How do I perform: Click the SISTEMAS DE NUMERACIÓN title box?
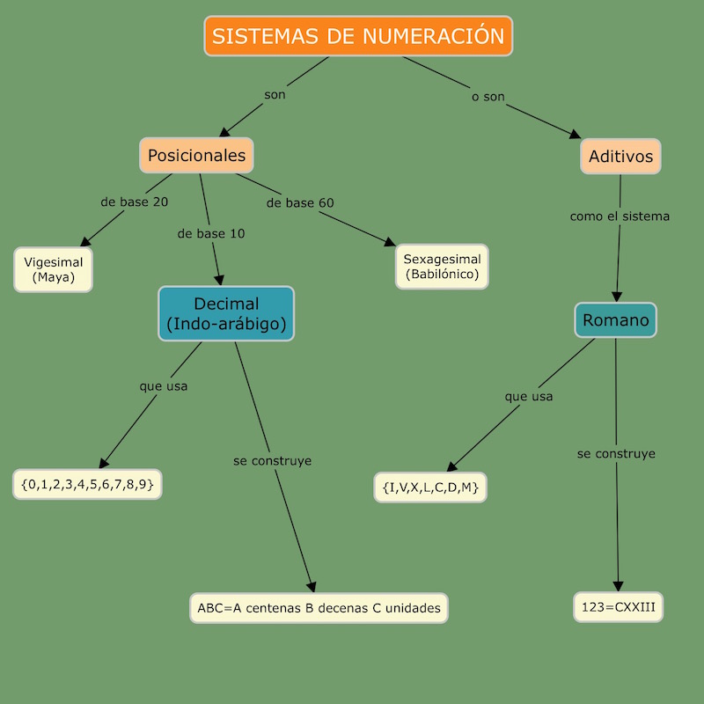click(x=358, y=36)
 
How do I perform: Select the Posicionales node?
click(x=196, y=156)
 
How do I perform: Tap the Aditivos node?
click(x=620, y=157)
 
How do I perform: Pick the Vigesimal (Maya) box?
click(x=54, y=269)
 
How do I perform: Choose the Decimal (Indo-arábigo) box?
click(x=226, y=313)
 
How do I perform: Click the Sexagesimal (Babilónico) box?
click(x=442, y=267)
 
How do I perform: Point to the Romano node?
click(x=615, y=320)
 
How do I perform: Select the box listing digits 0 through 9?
click(x=88, y=484)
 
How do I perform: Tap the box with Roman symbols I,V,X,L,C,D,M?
click(x=430, y=487)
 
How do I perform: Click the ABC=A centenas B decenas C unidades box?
click(x=319, y=607)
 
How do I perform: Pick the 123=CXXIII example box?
click(x=618, y=607)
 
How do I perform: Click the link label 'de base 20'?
click(x=135, y=202)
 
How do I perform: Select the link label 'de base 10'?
click(x=211, y=234)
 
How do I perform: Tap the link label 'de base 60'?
click(x=300, y=202)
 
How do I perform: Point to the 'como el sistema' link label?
click(x=620, y=216)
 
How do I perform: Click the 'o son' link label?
click(x=488, y=97)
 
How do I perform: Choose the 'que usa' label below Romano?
click(x=529, y=396)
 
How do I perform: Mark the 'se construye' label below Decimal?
click(x=272, y=460)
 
